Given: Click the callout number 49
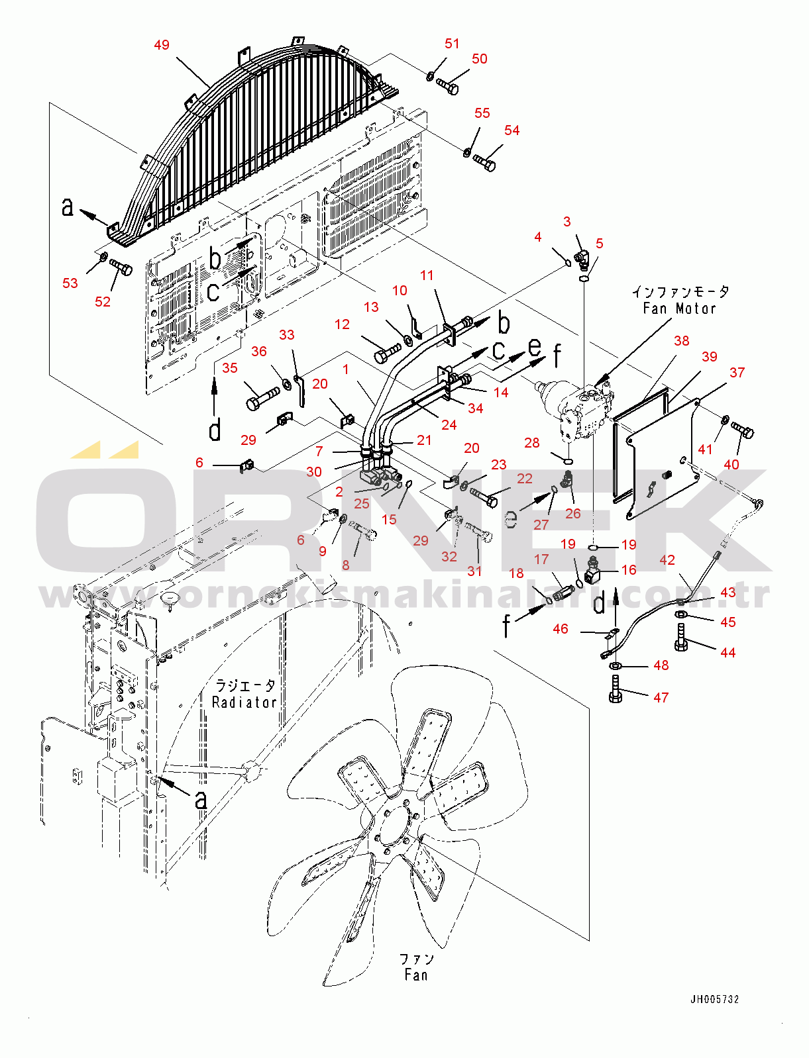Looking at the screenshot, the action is pyautogui.click(x=162, y=45).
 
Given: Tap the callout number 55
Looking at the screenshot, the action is pyautogui.click(x=482, y=113).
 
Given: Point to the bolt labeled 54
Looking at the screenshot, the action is pyautogui.click(x=485, y=162).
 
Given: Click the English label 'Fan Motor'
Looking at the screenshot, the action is pyautogui.click(x=679, y=309).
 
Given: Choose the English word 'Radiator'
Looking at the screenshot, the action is pyautogui.click(x=244, y=702).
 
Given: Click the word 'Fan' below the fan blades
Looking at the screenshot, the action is pyautogui.click(x=416, y=975).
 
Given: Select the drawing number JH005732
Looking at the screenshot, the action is pyautogui.click(x=714, y=999).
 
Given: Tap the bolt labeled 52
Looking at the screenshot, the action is pyautogui.click(x=122, y=268).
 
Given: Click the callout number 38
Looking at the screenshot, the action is pyautogui.click(x=681, y=341).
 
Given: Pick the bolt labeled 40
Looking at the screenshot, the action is pyautogui.click(x=742, y=430).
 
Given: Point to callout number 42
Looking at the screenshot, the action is pyautogui.click(x=667, y=560).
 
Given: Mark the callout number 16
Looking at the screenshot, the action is pyautogui.click(x=628, y=570).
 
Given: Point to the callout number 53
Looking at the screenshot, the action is pyautogui.click(x=70, y=283).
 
